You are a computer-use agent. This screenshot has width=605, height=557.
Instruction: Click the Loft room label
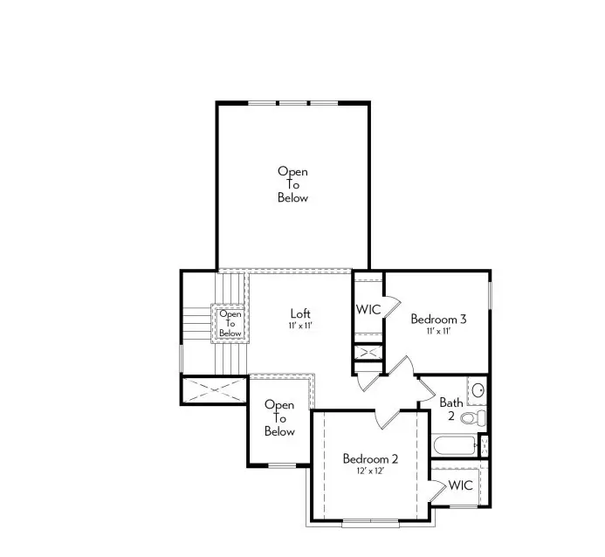300,313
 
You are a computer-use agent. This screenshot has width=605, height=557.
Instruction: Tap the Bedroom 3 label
438,320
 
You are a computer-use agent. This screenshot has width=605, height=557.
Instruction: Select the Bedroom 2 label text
370,458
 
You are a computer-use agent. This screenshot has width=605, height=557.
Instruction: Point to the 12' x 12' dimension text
370,471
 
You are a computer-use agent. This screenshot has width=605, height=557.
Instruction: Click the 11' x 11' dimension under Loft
300,326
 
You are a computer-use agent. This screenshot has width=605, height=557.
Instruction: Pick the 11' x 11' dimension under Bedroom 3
438,332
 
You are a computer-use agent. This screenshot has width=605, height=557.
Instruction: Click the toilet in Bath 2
470,418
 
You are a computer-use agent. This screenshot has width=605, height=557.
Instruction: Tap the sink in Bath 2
477,390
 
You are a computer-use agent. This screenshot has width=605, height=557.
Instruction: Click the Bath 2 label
450,409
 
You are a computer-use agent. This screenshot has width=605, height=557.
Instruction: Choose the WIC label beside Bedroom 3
368,310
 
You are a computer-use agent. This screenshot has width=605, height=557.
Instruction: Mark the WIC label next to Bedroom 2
461,485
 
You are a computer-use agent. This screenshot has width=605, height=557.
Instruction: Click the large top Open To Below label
292,184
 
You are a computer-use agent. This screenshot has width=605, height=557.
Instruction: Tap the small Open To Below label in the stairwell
230,323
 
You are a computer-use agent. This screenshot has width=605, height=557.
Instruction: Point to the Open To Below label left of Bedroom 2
279,418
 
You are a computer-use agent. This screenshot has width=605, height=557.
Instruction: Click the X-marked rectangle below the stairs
215,389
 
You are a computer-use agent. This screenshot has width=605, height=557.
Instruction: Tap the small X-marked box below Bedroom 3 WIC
368,353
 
